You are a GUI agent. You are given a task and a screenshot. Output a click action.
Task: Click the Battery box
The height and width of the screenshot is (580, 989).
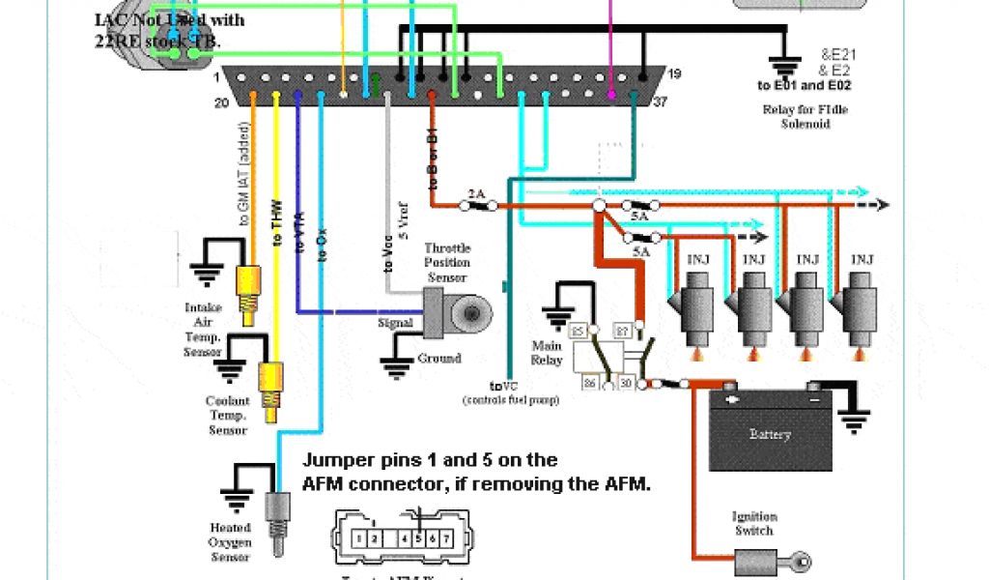pos(770,434)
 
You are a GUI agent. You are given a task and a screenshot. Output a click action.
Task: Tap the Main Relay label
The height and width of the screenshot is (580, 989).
pos(547,353)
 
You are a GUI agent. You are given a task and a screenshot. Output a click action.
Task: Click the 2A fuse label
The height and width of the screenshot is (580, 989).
pos(476,193)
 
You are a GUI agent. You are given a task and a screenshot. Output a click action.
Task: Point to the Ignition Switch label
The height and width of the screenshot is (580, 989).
pos(753,523)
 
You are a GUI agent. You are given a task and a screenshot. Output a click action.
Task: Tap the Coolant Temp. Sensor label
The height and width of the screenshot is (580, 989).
pos(228,415)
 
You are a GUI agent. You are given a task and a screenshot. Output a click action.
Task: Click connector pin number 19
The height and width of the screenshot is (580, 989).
pos(674,73)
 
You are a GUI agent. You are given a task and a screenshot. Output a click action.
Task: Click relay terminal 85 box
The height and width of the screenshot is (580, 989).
pos(579,332)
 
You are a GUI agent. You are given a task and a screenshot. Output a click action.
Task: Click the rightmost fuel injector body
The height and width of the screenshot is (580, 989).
pos(860,307)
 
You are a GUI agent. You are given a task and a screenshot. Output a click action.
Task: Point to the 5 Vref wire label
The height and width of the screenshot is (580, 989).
pos(404,219)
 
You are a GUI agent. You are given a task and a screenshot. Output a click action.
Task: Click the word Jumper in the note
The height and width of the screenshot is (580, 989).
pos(334,460)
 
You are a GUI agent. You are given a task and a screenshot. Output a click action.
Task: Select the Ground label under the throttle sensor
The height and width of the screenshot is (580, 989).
pos(439,358)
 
